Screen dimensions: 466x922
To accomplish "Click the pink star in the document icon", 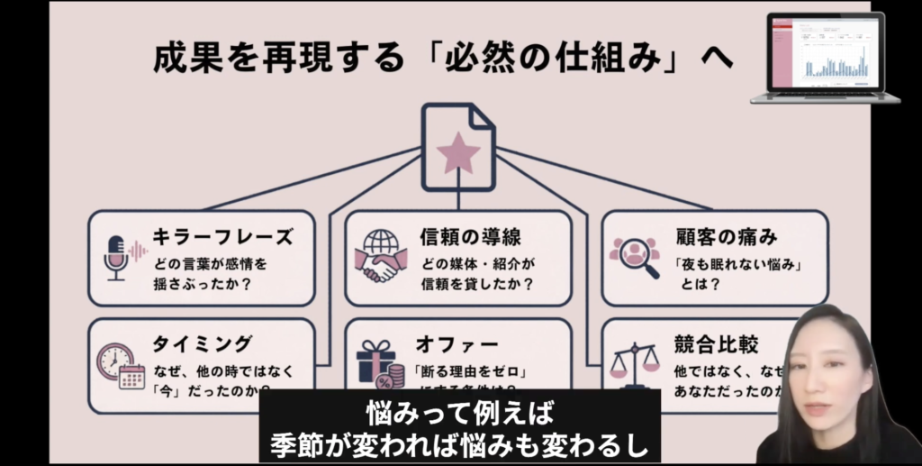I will coord(458,152).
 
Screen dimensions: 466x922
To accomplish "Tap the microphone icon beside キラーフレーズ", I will coord(116,257).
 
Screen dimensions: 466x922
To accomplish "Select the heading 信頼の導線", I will coord(471,237).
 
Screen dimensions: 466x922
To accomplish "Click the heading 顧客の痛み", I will coord(727,237).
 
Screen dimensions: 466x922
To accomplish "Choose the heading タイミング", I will coord(203,344).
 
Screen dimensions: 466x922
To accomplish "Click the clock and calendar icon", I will coord(120,364).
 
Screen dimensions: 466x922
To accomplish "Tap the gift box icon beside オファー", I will coord(377,365).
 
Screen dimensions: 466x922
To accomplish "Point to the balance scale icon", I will coord(635,362).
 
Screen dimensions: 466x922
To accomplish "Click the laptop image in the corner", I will coord(825,57).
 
